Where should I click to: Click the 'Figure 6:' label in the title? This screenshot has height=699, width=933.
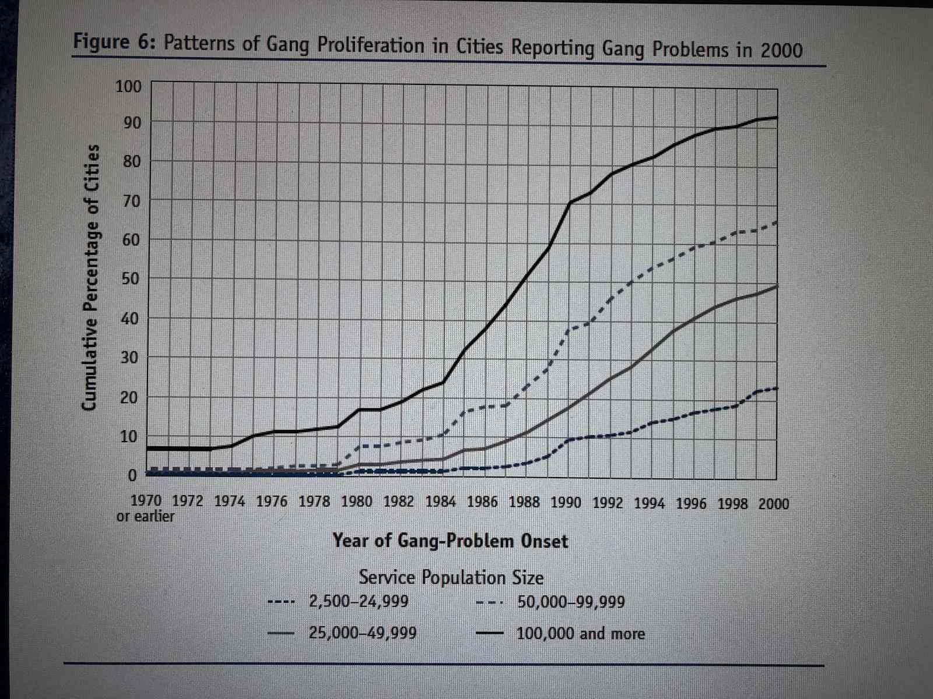pyautogui.click(x=111, y=43)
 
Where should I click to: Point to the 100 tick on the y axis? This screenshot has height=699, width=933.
pyautogui.click(x=128, y=87)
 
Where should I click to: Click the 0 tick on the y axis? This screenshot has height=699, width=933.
pyautogui.click(x=132, y=476)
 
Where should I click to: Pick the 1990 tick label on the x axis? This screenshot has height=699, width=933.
pyautogui.click(x=566, y=503)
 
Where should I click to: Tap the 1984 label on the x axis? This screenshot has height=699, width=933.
pyautogui.click(x=440, y=502)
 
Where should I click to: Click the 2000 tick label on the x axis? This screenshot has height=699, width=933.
pyautogui.click(x=773, y=504)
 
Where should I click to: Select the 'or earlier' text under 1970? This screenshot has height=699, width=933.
pyautogui.click(x=145, y=517)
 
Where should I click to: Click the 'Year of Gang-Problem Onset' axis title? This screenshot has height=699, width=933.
pyautogui.click(x=450, y=541)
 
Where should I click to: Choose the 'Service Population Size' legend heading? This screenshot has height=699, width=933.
pyautogui.click(x=451, y=577)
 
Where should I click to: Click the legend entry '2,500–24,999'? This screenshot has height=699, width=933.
pyautogui.click(x=358, y=601)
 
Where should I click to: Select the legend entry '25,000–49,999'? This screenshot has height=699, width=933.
pyautogui.click(x=362, y=633)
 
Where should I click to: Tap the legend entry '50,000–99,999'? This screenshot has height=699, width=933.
pyautogui.click(x=570, y=602)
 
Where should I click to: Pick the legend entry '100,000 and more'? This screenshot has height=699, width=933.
pyautogui.click(x=580, y=633)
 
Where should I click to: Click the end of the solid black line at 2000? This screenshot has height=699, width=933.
pyautogui.click(x=776, y=118)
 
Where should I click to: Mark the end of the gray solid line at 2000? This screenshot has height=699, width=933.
pyautogui.click(x=776, y=286)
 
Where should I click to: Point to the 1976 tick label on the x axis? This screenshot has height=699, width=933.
pyautogui.click(x=272, y=502)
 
